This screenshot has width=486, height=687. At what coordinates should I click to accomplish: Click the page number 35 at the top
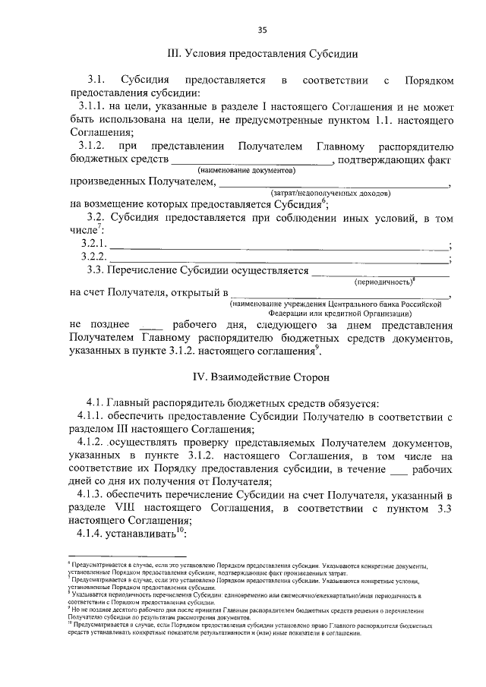pyautogui.click(x=262, y=30)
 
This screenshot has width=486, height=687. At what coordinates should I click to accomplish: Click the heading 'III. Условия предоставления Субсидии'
pyautogui.click(x=262, y=54)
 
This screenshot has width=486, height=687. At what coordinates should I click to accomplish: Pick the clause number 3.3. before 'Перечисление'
pyautogui.click(x=95, y=271)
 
